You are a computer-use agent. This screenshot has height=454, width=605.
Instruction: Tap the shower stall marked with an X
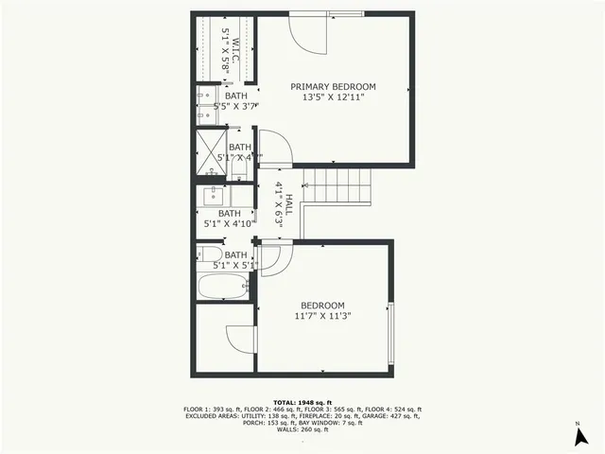click(x=207, y=149)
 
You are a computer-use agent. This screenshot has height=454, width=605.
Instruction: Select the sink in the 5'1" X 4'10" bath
click(x=212, y=196)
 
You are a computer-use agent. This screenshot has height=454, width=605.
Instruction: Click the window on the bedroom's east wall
click(x=390, y=331)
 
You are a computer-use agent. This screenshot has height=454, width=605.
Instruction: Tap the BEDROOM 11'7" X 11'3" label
click(x=322, y=311)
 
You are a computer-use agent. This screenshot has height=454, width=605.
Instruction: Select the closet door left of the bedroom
click(x=241, y=339)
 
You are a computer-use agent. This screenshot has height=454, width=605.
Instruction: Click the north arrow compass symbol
click(x=577, y=437)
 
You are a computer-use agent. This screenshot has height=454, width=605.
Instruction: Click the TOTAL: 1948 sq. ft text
click(x=302, y=402)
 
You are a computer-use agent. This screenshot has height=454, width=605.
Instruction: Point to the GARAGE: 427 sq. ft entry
click(x=392, y=416)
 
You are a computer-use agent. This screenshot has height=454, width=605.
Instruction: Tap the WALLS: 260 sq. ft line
click(x=302, y=430)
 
